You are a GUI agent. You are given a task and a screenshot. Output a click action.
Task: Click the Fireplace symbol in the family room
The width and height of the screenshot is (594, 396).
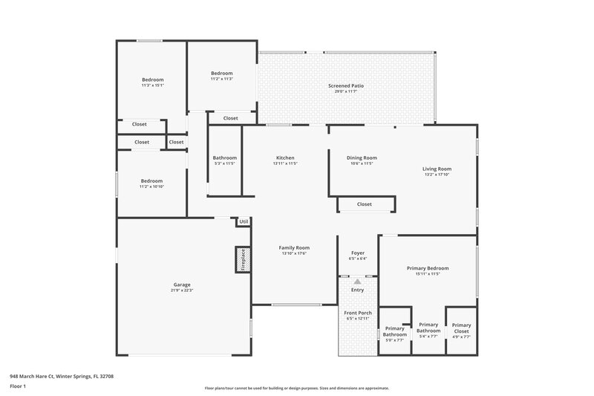pos(241,259)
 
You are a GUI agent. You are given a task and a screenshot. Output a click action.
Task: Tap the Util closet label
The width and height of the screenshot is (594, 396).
pos(243,221)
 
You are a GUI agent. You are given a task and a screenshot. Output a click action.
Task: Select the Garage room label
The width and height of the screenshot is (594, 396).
pos(182,285)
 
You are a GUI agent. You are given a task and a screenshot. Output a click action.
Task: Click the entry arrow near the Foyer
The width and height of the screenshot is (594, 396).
pos(357,282)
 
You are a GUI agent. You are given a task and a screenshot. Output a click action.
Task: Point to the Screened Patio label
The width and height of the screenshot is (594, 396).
pos(346,86)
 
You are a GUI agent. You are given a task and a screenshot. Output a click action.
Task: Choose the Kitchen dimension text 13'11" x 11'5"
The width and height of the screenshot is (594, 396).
pos(285,163)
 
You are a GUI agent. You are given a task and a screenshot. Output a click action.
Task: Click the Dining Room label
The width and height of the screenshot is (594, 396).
pos(362,158)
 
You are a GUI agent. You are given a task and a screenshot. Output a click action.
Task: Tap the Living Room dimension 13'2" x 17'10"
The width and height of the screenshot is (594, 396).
pos(437,175)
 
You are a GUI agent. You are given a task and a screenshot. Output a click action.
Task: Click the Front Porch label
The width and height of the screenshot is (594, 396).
pos(357,313)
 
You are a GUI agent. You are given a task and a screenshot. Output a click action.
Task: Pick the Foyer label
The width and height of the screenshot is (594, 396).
pos(357,253)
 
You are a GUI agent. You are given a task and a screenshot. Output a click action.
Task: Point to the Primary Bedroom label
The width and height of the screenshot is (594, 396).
pos(427,268)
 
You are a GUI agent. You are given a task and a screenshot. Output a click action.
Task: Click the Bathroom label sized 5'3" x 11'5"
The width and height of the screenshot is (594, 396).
pos(224,158)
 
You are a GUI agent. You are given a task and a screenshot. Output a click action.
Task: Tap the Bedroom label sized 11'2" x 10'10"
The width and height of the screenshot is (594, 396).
pos(152,181)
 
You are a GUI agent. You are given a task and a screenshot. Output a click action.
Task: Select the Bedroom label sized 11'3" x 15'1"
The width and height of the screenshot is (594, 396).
pos(153,79)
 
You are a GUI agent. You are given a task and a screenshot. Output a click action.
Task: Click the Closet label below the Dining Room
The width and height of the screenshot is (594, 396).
pos(364,204)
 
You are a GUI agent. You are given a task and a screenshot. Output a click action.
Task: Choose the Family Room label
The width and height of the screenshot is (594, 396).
pos(294,247)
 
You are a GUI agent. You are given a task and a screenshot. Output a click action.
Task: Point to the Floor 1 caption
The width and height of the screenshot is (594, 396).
pos(18,386)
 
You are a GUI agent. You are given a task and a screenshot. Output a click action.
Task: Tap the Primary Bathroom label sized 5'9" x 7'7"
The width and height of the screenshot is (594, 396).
pos(394,334)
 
